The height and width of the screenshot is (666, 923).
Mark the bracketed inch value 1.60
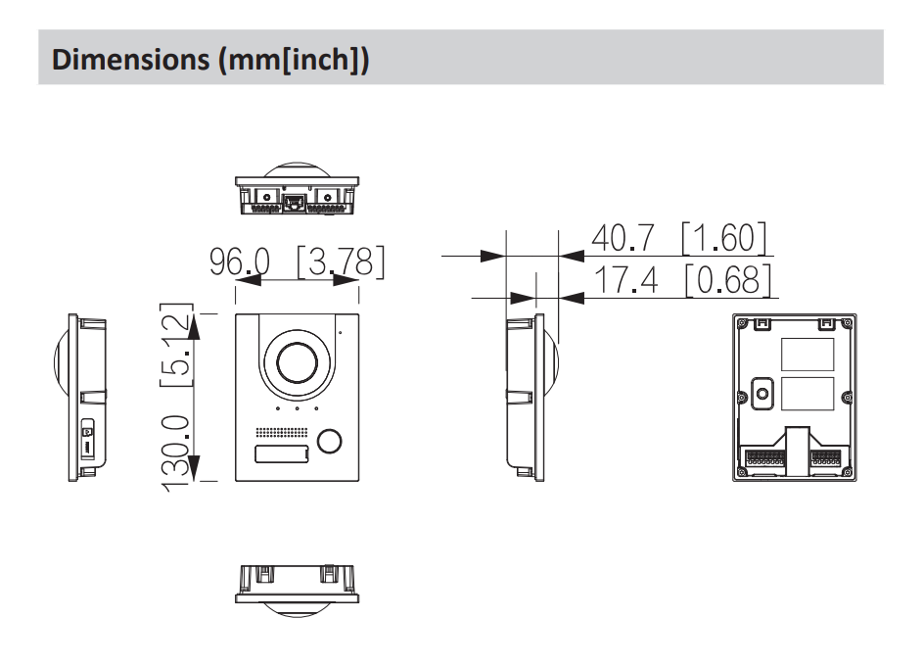pyautogui.click(x=723, y=238)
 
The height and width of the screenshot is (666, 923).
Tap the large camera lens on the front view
pyautogui.click(x=298, y=362)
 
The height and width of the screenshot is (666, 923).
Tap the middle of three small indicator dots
pyautogui.click(x=298, y=409)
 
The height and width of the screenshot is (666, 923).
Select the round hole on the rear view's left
pyautogui.click(x=761, y=394)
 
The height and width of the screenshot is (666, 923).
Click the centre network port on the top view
pyautogui.click(x=297, y=205)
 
